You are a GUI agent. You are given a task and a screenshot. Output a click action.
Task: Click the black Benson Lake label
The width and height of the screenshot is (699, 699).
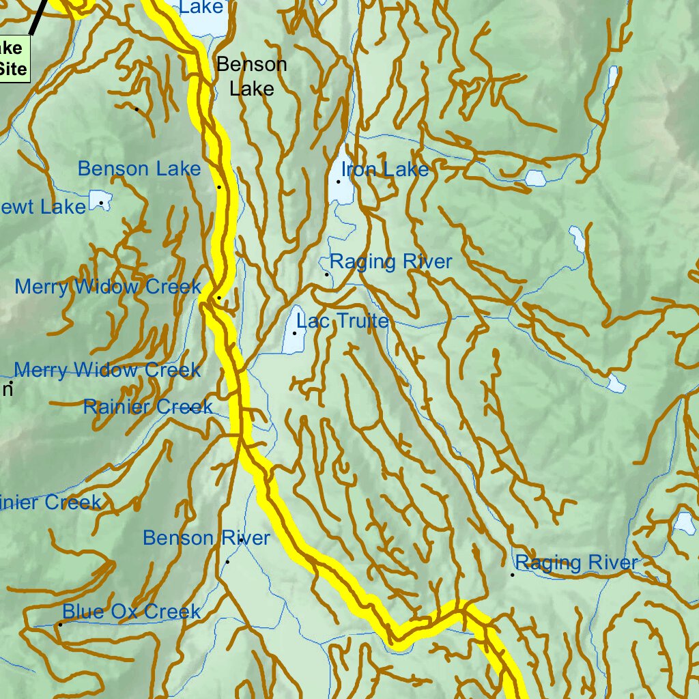click(251, 76)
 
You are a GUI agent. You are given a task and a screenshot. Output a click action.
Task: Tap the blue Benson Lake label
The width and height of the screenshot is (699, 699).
click(139, 169)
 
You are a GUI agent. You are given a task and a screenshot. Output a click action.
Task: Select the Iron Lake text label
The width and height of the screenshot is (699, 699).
click(385, 169)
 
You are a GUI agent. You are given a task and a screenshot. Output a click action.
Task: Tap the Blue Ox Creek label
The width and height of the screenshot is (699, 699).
click(132, 612)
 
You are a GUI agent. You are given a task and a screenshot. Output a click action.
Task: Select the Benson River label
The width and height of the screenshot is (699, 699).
click(206, 538)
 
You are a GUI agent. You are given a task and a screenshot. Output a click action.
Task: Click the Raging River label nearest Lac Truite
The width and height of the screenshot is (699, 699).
click(390, 262)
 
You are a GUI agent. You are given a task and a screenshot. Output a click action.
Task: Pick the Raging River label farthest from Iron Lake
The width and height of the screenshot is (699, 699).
click(576, 562)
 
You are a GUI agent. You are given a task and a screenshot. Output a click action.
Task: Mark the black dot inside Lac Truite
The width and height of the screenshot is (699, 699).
click(294, 333)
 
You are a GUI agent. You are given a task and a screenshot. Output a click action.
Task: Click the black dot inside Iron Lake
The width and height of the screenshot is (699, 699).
click(338, 182)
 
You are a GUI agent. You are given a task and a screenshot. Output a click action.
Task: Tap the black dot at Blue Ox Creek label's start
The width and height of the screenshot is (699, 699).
click(60, 624)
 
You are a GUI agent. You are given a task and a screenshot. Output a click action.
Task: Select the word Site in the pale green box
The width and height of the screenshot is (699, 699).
click(14, 69)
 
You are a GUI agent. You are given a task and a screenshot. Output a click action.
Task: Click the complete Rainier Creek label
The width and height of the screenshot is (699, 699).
click(147, 408)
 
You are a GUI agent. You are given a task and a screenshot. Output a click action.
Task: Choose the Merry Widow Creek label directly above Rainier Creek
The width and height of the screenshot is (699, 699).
click(107, 371)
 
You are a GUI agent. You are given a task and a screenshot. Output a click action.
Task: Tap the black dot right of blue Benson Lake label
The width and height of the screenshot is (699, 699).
click(219, 186)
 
